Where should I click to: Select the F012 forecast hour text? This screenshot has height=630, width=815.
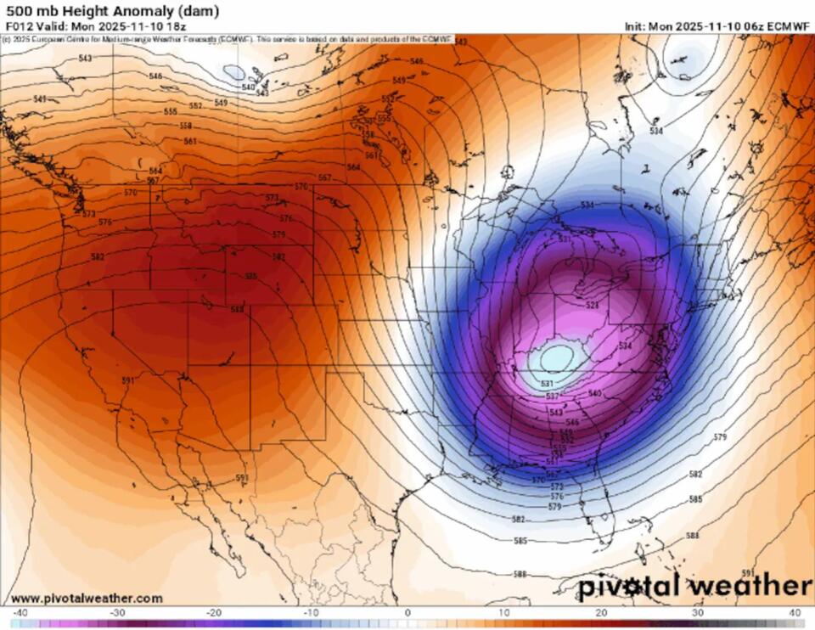pos(18,26)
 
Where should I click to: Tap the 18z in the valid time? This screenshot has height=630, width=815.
pos(176,26)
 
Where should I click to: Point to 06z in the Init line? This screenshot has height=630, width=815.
pos(752,26)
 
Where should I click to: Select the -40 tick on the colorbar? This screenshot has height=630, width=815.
pos(20,612)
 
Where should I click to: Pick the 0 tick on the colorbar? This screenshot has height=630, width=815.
pos(407,612)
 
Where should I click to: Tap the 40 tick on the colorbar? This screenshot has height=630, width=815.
pos(795,612)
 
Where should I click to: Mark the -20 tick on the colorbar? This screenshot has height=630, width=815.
pos(215,612)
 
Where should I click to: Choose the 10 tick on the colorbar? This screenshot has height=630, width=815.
pos(504,612)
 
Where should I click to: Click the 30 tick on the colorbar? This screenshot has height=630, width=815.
pos(698,612)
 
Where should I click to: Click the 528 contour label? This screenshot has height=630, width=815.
pos(593,304)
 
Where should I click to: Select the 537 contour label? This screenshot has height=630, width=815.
pos(553,396)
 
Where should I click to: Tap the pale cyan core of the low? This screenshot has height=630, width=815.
pos(556,357)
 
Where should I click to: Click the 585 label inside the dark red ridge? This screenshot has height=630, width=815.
pos(250,276)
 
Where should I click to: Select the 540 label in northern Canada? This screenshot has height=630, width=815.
pos(248,87)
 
